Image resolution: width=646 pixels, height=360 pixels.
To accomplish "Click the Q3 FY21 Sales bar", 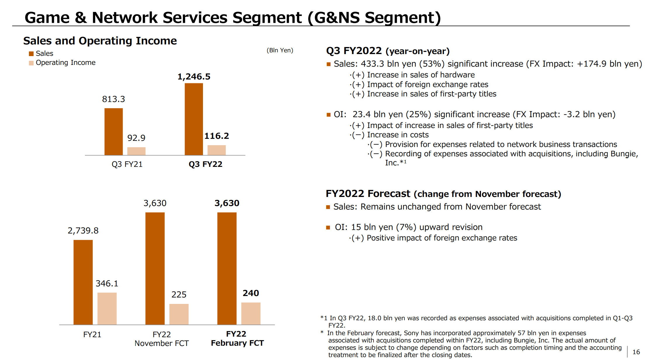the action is (114, 131).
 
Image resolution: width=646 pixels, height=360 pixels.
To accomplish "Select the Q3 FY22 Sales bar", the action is (194, 119).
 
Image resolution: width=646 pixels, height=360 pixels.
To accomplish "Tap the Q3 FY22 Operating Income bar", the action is (217, 150).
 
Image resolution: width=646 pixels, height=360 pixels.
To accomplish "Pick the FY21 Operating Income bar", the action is (107, 309).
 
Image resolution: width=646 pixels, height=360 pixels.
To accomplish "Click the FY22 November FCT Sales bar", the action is (155, 269).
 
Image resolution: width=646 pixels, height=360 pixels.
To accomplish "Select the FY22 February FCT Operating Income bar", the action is (251, 314).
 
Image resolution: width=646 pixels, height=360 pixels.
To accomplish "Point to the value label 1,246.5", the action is (194, 77).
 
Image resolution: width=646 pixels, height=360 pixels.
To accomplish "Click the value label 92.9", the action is (136, 138).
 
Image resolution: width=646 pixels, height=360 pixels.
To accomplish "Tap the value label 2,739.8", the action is (83, 231).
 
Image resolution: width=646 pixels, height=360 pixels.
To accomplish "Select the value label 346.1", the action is (107, 283).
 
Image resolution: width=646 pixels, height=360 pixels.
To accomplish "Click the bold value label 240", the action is (251, 293).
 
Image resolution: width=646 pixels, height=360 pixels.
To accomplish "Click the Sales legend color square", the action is (31, 54).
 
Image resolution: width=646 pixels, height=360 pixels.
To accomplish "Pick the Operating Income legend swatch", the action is (31, 63).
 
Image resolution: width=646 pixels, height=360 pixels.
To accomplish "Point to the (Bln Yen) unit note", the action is (280, 50).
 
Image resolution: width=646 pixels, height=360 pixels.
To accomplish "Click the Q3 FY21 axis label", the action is (127, 164).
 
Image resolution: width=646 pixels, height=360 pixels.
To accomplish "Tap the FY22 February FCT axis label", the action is (237, 338).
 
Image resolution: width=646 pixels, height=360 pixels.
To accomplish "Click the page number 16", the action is (636, 352).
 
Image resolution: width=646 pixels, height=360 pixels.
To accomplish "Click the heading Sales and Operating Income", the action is (100, 41).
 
